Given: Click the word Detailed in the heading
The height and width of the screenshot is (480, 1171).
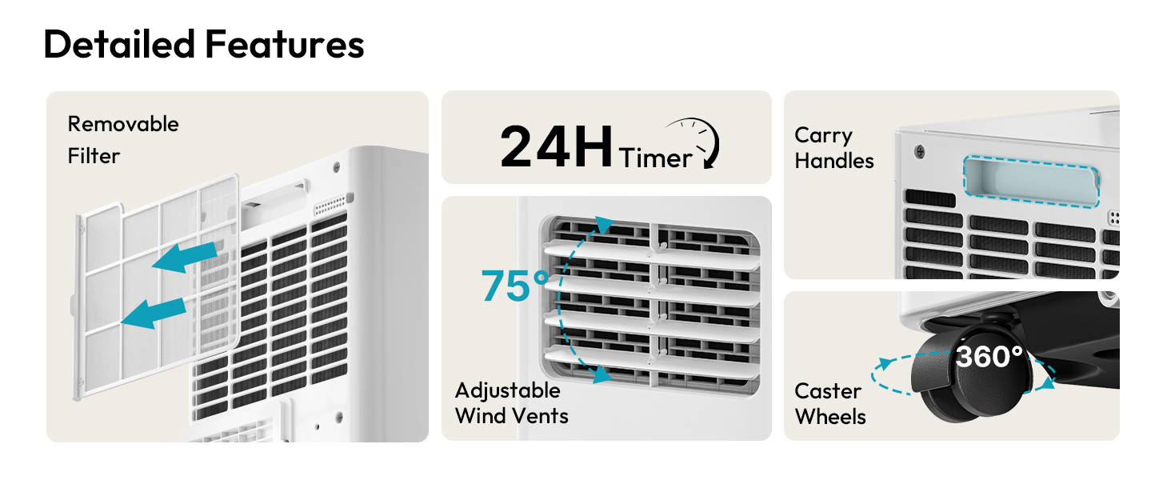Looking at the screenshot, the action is pyautogui.click(x=119, y=44).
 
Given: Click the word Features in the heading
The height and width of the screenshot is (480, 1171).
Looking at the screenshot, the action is pyautogui.click(x=285, y=44).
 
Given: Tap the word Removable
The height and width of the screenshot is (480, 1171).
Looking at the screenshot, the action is pyautogui.click(x=123, y=125).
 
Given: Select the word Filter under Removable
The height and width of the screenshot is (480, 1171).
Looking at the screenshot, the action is pyautogui.click(x=94, y=156).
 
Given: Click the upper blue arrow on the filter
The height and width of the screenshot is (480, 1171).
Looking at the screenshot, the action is pyautogui.click(x=185, y=257).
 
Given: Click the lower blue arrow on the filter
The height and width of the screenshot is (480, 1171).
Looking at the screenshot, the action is pyautogui.click(x=154, y=314).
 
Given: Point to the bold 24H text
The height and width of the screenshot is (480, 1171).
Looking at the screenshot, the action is pyautogui.click(x=556, y=146).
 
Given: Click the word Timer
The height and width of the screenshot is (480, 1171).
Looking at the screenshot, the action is pyautogui.click(x=656, y=158).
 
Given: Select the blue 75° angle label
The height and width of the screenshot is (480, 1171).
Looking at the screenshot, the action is pyautogui.click(x=515, y=286).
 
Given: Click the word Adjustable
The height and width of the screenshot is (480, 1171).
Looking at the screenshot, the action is pyautogui.click(x=508, y=391).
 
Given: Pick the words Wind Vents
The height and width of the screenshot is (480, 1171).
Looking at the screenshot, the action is pyautogui.click(x=512, y=416).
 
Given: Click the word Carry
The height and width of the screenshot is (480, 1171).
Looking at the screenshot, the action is pyautogui.click(x=823, y=136).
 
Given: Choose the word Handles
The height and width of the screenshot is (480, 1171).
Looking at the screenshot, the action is pyautogui.click(x=834, y=161).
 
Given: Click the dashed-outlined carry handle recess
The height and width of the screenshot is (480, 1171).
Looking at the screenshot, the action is pyautogui.click(x=1031, y=182).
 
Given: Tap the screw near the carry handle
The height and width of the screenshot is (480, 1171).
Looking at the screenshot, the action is pyautogui.click(x=920, y=152).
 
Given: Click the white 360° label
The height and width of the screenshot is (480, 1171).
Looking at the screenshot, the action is pyautogui.click(x=989, y=357).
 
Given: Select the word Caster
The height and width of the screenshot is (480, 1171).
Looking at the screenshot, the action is pyautogui.click(x=828, y=391).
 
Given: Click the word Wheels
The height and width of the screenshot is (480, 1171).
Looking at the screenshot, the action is pyautogui.click(x=831, y=417).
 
